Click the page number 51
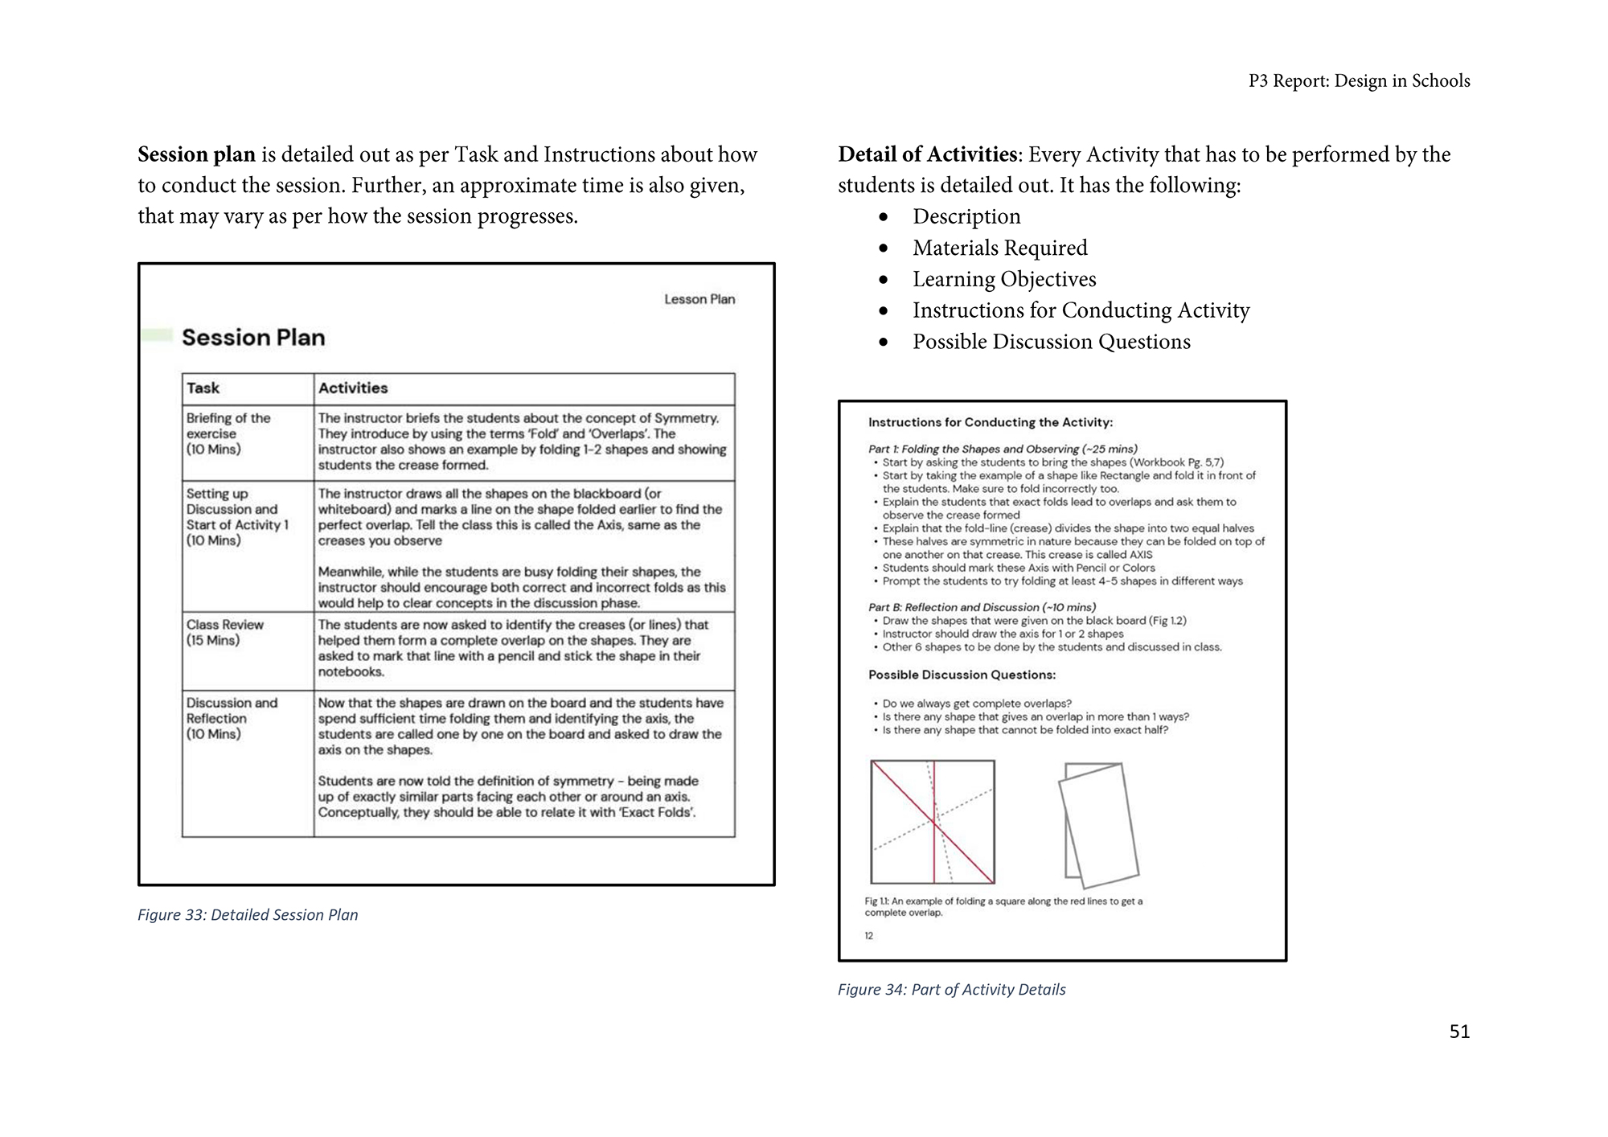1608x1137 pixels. (x=1458, y=1032)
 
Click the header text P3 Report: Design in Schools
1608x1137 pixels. (x=1359, y=81)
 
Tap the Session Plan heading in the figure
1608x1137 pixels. (x=253, y=338)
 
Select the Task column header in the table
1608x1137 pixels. (x=203, y=388)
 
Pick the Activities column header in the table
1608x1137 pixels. (x=353, y=388)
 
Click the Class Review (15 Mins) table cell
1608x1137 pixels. (x=225, y=633)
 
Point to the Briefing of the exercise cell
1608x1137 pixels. (x=228, y=433)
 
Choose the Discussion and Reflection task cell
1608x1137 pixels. (x=232, y=718)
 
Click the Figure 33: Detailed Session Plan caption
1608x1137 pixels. (x=248, y=915)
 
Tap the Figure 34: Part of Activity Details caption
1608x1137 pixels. (x=951, y=990)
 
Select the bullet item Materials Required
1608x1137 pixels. (x=999, y=248)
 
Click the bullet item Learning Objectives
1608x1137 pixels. (x=1003, y=280)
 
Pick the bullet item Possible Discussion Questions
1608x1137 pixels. (x=1051, y=343)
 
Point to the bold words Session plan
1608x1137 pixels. (x=196, y=155)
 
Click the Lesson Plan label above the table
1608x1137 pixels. (x=699, y=300)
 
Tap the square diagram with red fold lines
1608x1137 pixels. (x=933, y=822)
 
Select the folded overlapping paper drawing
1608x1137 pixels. (x=1099, y=825)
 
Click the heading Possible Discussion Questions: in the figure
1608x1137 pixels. (x=962, y=675)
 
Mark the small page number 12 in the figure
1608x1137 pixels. (x=869, y=936)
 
